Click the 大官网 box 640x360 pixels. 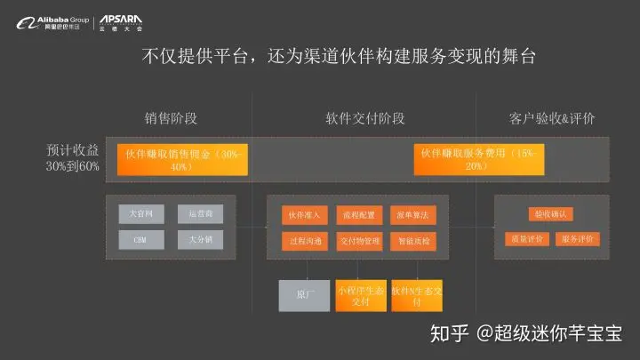click(141, 214)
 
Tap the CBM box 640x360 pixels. click(141, 240)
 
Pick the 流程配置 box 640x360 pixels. click(359, 215)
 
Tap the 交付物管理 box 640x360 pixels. click(359, 240)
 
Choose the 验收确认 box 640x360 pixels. click(552, 214)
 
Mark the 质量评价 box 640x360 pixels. click(525, 239)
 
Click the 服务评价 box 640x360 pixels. click(578, 239)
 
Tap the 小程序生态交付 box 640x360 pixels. click(360, 295)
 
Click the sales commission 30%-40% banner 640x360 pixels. click(182, 160)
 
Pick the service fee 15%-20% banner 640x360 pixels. click(479, 160)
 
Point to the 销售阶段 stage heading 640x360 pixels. click(170, 118)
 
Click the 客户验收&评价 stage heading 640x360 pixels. click(552, 118)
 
